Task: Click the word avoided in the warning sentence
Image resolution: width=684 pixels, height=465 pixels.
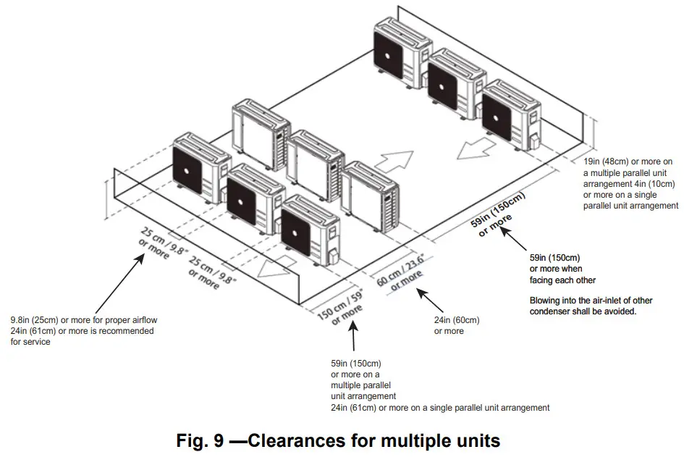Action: pos(620,311)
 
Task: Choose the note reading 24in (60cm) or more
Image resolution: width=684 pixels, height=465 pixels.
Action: pos(456,325)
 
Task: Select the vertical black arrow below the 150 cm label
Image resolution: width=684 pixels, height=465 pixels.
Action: pos(354,339)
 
